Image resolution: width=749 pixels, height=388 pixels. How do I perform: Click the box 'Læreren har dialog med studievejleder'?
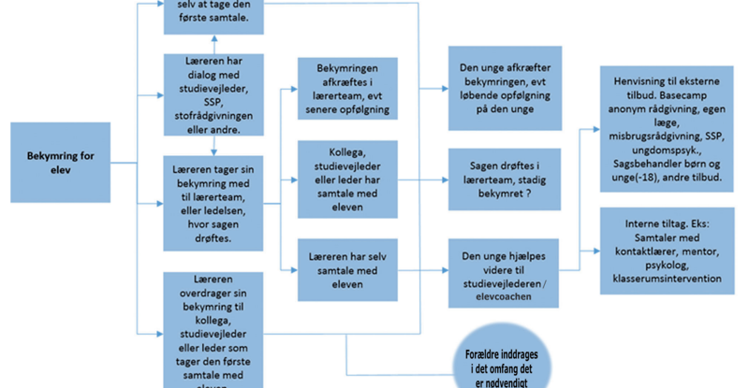215,93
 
